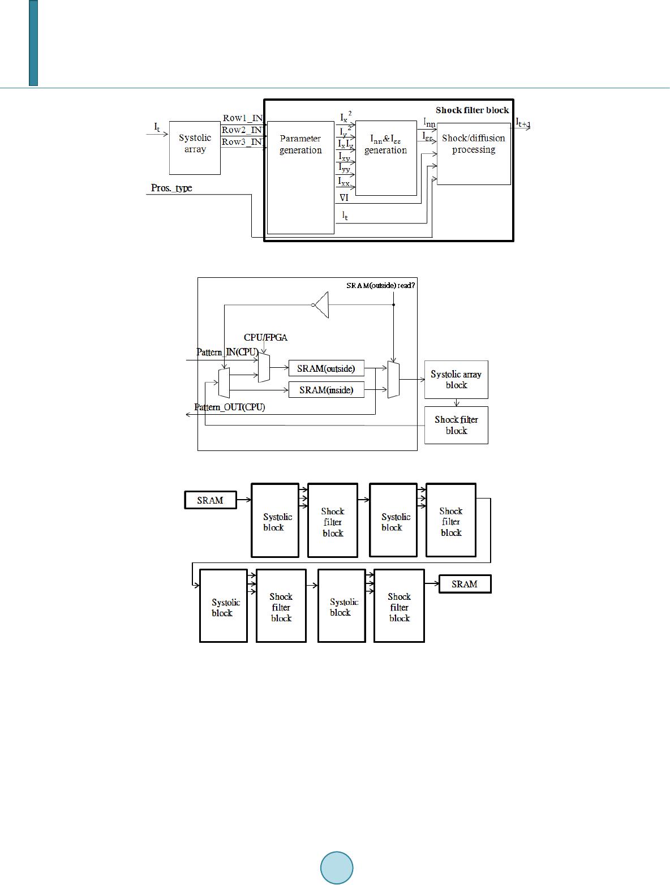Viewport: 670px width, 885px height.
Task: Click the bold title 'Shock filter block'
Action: click(x=472, y=110)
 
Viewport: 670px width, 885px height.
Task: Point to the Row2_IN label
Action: click(x=242, y=130)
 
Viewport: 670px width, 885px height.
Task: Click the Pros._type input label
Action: click(x=171, y=188)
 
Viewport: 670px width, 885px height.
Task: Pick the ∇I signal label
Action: click(x=344, y=197)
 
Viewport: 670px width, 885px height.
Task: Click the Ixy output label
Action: click(x=344, y=156)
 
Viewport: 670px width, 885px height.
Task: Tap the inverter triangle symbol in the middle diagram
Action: click(x=321, y=305)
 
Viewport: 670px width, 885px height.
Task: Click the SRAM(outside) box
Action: click(x=326, y=368)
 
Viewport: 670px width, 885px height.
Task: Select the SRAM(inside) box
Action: click(x=326, y=390)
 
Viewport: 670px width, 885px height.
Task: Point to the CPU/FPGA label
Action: click(x=265, y=338)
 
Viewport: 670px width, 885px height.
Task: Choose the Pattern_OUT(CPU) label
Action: click(x=229, y=407)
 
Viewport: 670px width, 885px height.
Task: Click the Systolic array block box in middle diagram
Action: click(x=456, y=380)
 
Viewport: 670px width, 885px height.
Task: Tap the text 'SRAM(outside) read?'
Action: click(x=381, y=286)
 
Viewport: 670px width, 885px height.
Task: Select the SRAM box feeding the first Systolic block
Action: click(x=211, y=500)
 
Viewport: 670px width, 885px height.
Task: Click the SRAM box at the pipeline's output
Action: click(x=465, y=584)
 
